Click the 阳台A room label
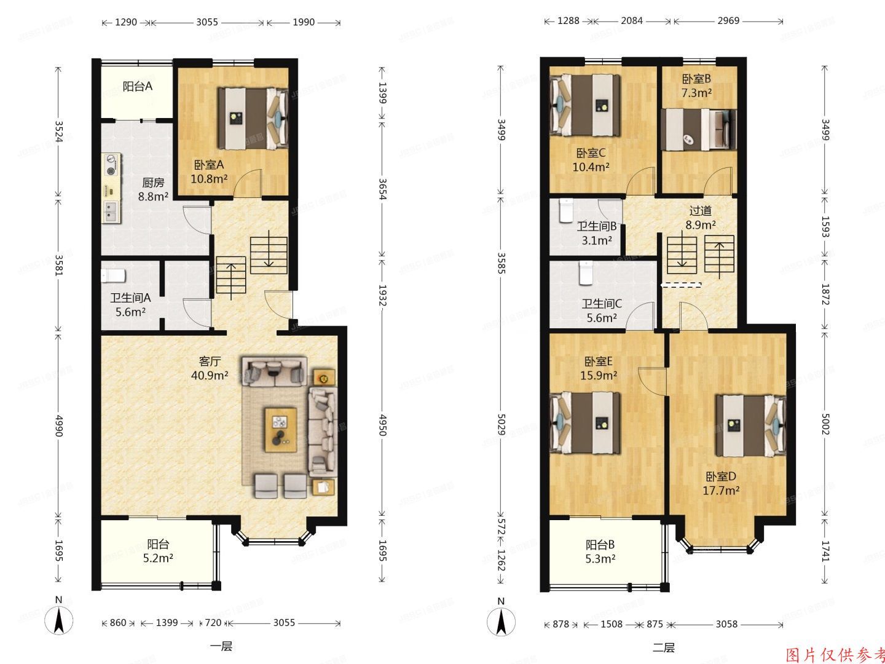137,87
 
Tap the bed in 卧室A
253,118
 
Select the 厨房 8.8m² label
153,189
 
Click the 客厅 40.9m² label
210,368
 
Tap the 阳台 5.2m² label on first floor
158,551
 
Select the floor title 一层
221,647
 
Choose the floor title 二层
664,647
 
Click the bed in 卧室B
699,129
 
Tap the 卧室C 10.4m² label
591,159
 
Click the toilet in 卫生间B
567,210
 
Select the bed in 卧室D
750,425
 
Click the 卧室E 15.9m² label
599,368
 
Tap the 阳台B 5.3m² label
600,551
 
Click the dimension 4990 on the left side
59,425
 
